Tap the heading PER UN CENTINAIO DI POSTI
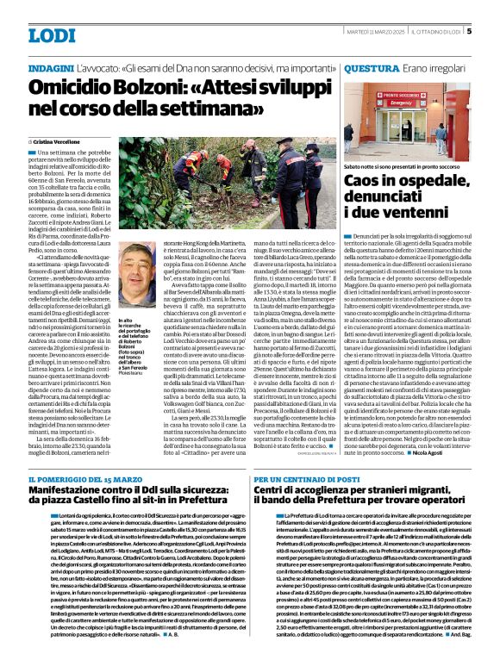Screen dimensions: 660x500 tap(299, 478)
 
